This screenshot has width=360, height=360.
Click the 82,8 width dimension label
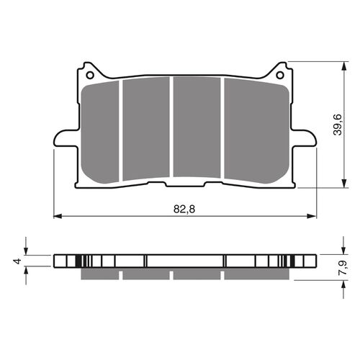click(x=184, y=208)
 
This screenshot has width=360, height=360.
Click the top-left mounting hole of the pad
click(x=90, y=73)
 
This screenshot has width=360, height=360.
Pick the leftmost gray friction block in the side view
click(x=99, y=275)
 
